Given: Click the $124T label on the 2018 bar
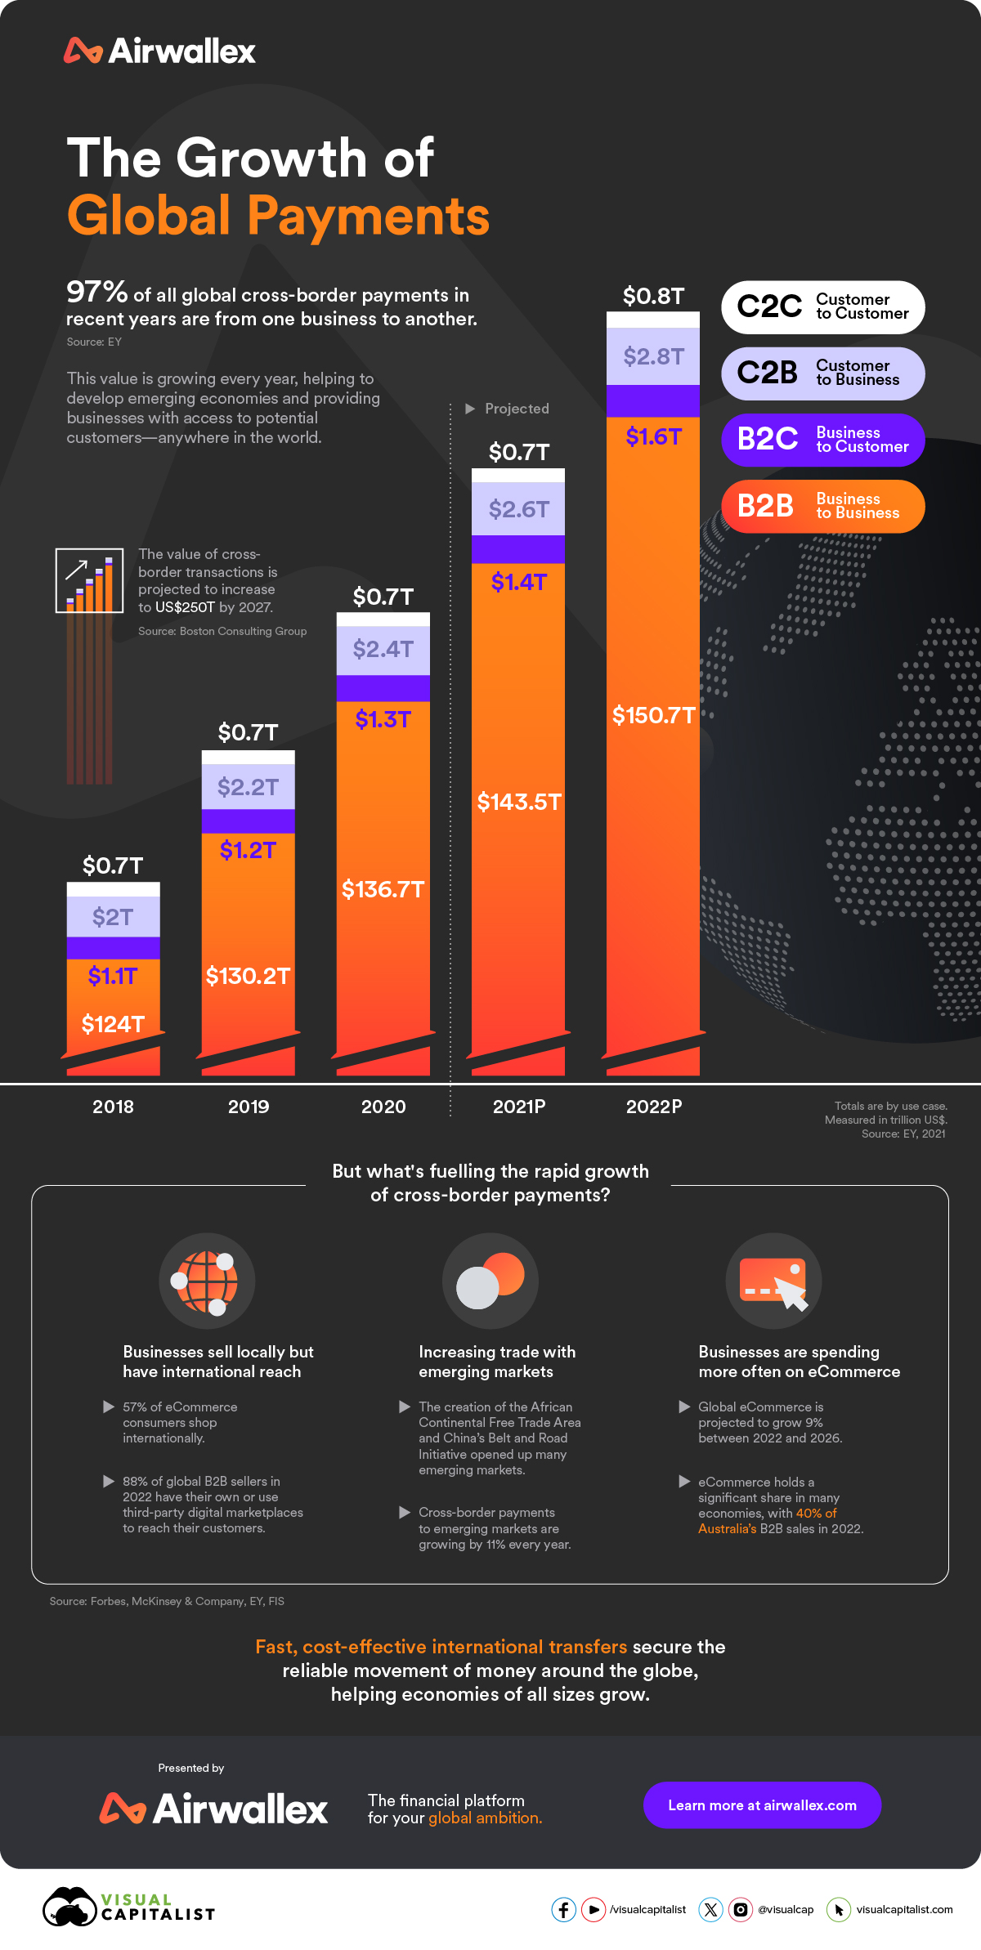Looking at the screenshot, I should click(113, 1024).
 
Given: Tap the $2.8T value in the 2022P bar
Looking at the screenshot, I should click(653, 356).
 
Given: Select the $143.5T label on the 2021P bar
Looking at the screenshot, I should click(519, 802).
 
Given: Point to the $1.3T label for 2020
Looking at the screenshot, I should click(383, 719).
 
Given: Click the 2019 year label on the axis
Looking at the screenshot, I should click(249, 1107).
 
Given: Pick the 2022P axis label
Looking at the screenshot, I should click(653, 1107).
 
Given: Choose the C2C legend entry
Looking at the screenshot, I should click(822, 307).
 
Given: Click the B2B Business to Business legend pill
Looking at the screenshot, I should click(822, 507).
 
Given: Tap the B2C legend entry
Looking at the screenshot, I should click(822, 440).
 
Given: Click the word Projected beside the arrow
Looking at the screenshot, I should click(517, 409).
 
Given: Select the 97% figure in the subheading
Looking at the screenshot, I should click(96, 293).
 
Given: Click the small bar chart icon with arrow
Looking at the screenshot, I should click(89, 580).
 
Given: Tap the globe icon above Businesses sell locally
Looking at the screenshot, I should click(207, 1281).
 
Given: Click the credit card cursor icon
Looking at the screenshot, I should click(773, 1281).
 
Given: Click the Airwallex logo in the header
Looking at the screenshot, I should click(160, 51).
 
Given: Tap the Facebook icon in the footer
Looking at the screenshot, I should click(563, 1910).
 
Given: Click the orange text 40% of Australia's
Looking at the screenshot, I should click(768, 1521).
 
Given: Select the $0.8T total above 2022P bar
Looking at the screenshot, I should click(653, 296).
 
